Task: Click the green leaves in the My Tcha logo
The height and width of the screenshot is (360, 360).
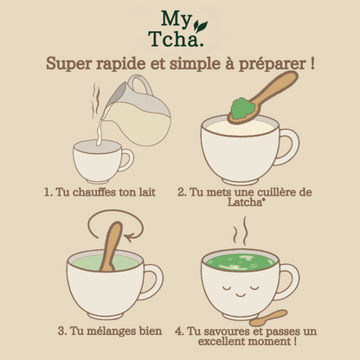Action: tap(200, 25)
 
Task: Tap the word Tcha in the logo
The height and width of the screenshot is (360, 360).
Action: tap(174, 39)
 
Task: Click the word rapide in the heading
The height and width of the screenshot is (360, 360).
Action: tap(121, 64)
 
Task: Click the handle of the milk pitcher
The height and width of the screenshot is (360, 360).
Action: tap(141, 84)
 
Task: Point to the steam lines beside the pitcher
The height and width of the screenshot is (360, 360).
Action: tap(96, 100)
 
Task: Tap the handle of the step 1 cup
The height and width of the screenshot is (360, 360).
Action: tap(127, 160)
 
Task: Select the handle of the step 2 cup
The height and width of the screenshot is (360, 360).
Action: tap(288, 147)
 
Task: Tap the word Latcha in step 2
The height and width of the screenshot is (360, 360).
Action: tap(244, 202)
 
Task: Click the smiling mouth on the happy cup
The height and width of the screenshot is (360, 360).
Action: tap(241, 295)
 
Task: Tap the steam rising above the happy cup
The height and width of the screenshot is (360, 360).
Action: tap(241, 231)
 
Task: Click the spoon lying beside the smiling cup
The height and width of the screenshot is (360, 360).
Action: tap(268, 318)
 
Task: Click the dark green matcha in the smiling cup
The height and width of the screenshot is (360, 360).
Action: tap(240, 262)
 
